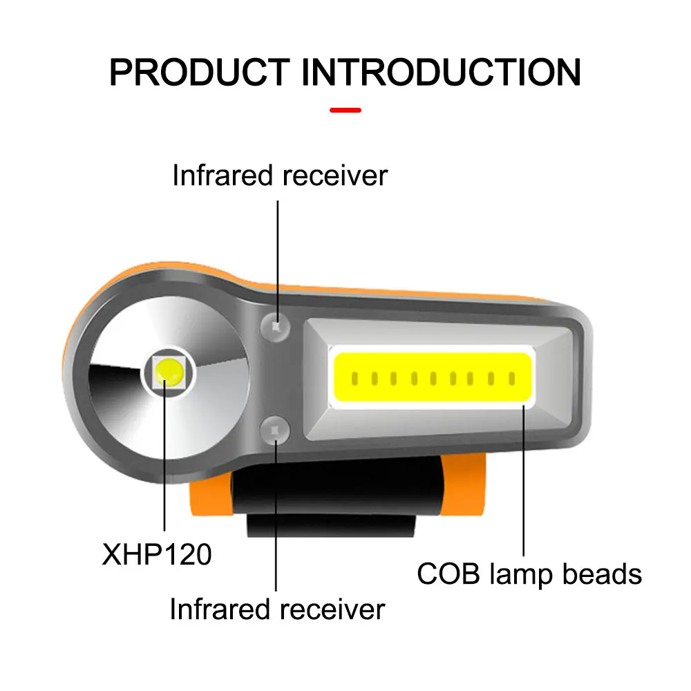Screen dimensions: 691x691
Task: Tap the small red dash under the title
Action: (345, 110)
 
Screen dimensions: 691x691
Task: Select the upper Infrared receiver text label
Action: (280, 176)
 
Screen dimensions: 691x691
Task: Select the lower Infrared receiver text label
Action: (277, 609)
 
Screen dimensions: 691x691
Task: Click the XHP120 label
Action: (157, 554)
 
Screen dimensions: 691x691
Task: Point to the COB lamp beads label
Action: (529, 574)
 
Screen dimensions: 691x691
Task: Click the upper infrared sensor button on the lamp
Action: (275, 325)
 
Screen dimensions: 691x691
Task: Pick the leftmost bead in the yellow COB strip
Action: (354, 379)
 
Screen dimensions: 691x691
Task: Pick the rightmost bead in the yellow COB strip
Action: (512, 379)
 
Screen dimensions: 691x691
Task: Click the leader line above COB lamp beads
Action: (524, 484)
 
